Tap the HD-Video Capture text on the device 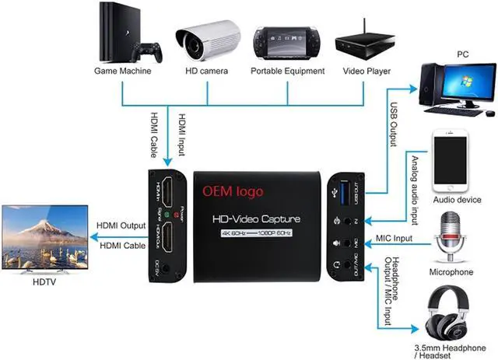(256, 219)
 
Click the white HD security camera (209, 35)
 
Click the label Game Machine (122, 72)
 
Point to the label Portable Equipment (287, 72)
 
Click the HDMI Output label (121, 225)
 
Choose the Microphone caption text (451, 272)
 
